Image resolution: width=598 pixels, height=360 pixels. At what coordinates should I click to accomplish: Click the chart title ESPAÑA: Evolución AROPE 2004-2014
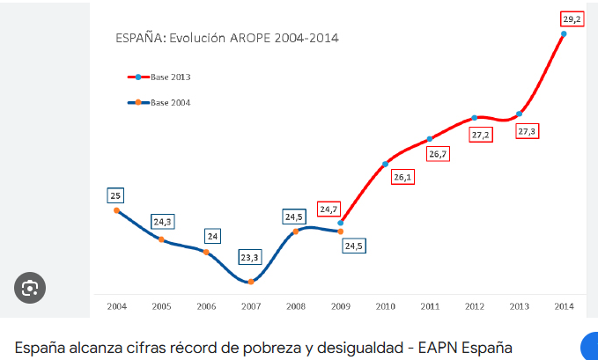[227, 38]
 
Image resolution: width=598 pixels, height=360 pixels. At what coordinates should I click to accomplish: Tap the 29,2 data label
[572, 18]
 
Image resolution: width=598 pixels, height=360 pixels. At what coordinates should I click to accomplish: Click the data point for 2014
[564, 33]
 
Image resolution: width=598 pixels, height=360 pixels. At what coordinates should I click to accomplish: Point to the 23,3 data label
[250, 258]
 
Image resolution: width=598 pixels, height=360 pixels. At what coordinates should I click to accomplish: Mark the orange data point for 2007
[251, 282]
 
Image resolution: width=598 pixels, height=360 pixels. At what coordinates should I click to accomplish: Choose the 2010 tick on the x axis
[386, 305]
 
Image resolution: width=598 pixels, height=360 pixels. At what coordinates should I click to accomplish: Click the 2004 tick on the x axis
[116, 305]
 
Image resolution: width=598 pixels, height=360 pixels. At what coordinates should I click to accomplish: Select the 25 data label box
[116, 195]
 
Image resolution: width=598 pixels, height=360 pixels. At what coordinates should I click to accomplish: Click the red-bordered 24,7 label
[329, 209]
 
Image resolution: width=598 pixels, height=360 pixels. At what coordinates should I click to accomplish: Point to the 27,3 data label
[527, 131]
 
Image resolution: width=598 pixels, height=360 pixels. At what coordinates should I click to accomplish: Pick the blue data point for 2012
[475, 118]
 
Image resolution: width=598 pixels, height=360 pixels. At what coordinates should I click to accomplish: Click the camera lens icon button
[30, 288]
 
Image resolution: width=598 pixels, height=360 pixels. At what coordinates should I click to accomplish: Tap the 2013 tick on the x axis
[520, 305]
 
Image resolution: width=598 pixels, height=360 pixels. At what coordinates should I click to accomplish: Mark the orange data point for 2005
[161, 239]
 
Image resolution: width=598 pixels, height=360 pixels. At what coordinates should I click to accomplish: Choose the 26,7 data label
[439, 154]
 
